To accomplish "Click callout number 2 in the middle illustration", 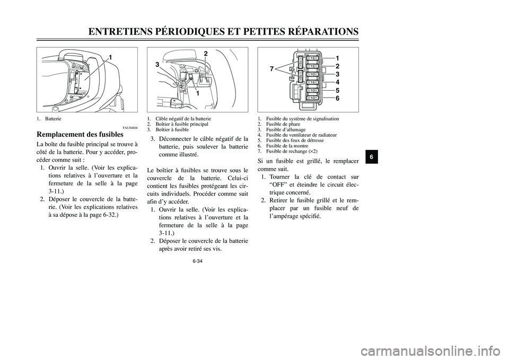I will point(205,54).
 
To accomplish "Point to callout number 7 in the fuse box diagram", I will point(271,69).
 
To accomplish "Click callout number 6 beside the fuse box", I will point(337,99).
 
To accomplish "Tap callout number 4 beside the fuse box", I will point(337,82).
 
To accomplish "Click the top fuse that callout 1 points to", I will point(313,58).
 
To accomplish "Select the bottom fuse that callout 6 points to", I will point(313,98).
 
